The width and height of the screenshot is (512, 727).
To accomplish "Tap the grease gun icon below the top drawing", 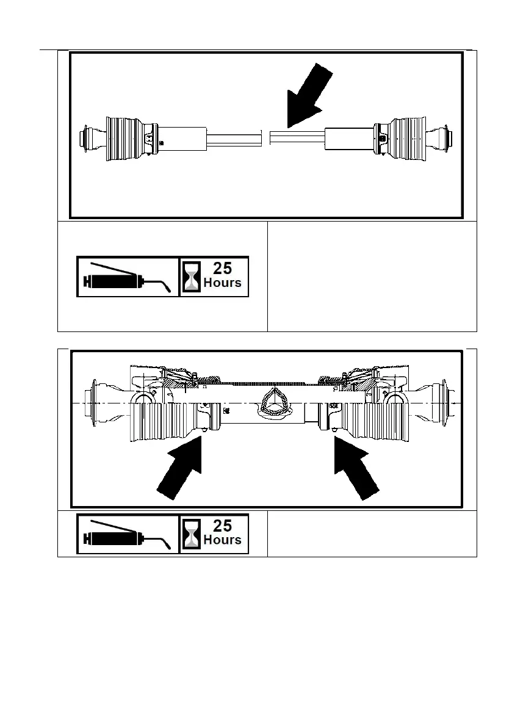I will (x=128, y=277).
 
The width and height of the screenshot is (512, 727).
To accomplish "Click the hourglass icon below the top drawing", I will (x=192, y=277).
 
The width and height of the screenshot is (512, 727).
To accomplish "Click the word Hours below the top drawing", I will (x=222, y=283).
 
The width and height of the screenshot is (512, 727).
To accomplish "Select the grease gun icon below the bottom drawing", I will (x=128, y=534).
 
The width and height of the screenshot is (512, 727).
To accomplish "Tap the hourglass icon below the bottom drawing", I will (x=192, y=534).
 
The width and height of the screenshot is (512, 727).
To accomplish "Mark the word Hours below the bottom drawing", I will (x=222, y=540).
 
